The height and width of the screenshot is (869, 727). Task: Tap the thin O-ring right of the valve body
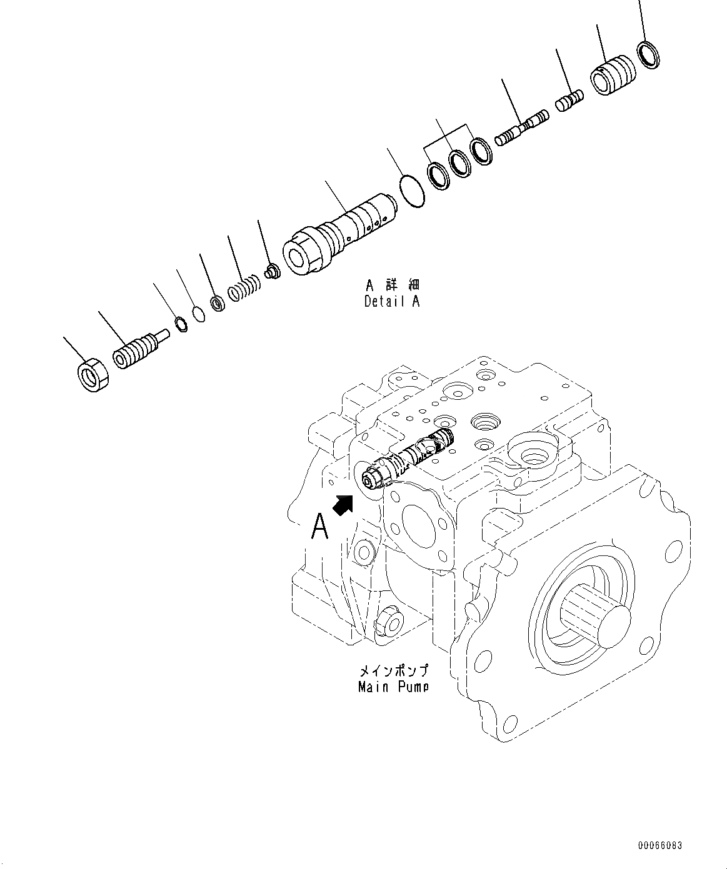point(412,191)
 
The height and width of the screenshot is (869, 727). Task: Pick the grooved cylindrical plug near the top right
point(613,76)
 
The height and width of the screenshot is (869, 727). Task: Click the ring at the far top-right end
point(648,54)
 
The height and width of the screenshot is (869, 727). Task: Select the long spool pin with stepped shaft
point(521,129)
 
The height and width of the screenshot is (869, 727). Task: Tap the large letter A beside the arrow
point(319,526)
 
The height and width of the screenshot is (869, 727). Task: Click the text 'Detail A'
point(392,301)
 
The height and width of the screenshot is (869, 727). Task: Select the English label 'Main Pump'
point(393,687)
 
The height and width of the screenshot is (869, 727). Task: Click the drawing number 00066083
point(659,845)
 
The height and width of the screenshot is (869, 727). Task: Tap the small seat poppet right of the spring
point(273,272)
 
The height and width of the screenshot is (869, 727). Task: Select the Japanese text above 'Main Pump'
point(393,671)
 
